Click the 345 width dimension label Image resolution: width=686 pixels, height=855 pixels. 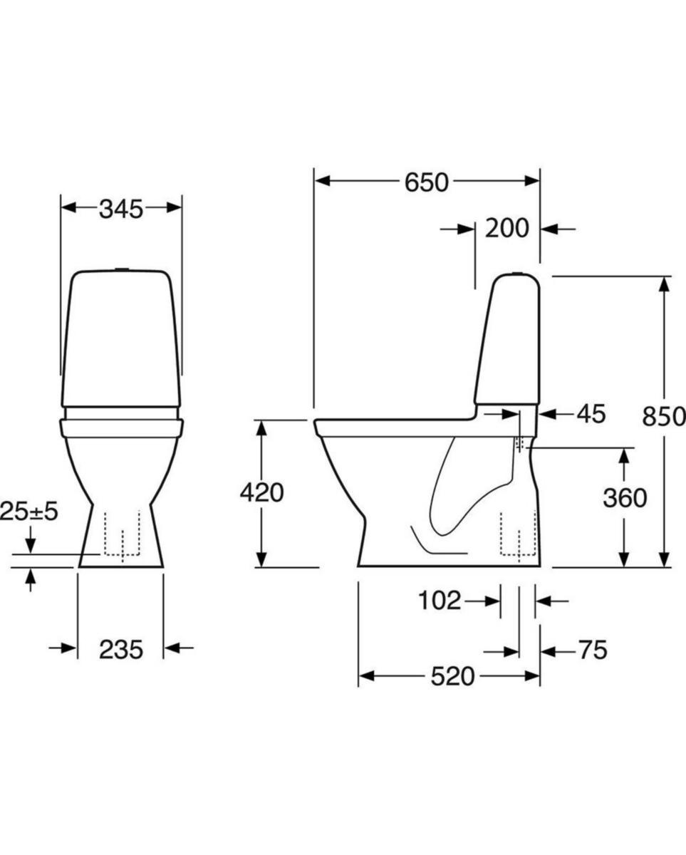tap(121, 209)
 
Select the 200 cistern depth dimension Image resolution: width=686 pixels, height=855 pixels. tap(507, 229)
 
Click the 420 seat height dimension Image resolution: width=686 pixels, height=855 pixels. tap(261, 492)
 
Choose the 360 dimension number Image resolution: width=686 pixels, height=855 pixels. tap(625, 498)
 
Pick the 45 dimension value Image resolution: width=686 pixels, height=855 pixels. tap(591, 414)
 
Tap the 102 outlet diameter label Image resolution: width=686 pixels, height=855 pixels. tap(440, 601)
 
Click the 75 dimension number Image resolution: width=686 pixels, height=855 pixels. tap(593, 650)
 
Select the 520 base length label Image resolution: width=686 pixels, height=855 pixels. tap(453, 677)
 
